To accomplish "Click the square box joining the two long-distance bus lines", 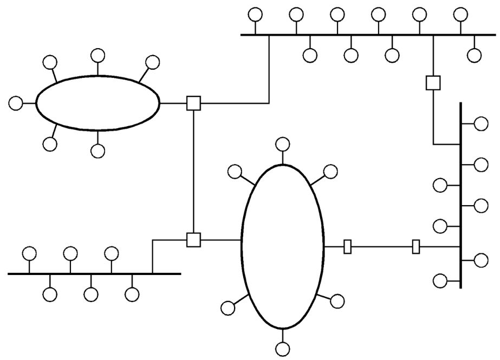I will coord(433,83).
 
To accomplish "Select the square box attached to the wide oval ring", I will coord(193,102).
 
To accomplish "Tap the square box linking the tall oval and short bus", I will coord(193,239).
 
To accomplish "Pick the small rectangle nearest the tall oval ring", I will coord(348,247).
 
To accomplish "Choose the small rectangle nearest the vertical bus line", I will coord(416,247).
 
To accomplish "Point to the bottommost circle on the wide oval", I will coord(98,150).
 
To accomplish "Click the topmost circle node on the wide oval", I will coord(98,55).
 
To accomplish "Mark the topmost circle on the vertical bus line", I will coord(480,124).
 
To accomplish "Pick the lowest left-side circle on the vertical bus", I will coord(440,280).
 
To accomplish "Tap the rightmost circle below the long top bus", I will coord(474,55).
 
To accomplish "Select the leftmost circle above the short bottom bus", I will coord(29,253).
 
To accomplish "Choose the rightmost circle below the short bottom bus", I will coord(132,294).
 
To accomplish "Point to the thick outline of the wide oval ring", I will coord(98,129).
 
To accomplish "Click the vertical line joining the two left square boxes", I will coord(193,171).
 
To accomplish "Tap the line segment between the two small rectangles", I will coord(382,247).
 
